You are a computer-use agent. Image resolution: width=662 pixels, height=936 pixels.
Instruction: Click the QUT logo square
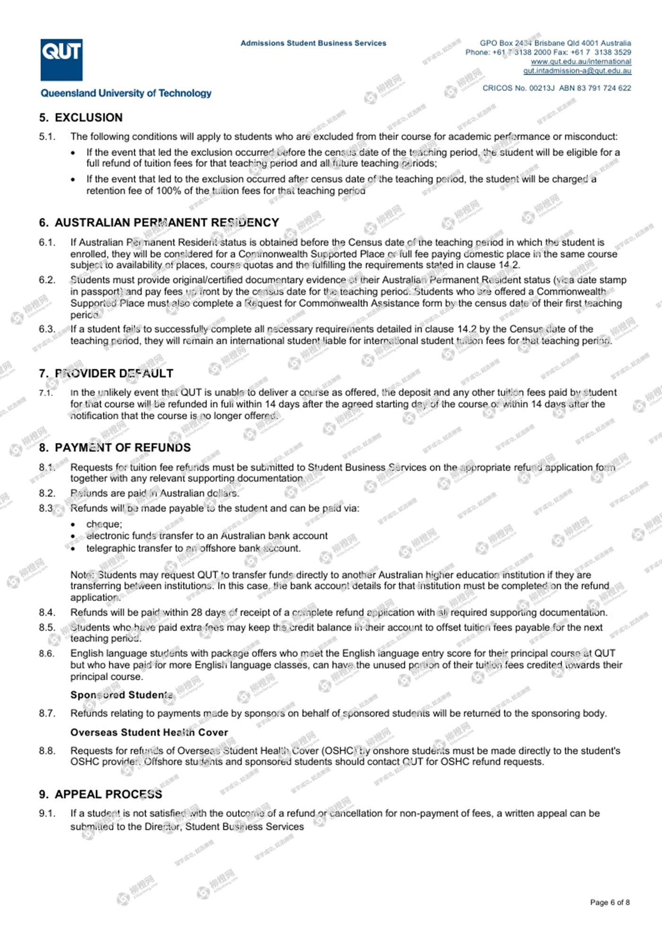pos(61,60)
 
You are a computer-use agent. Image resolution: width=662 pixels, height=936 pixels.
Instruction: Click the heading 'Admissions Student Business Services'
pos(313,43)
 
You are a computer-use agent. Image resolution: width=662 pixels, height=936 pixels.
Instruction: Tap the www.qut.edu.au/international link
pos(581,61)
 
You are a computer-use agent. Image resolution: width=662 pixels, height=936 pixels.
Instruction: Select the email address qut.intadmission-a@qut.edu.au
pos(577,71)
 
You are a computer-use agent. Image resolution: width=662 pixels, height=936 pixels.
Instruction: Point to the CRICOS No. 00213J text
pos(518,88)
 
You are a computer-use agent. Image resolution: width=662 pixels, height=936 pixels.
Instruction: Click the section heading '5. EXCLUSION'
pos(81,117)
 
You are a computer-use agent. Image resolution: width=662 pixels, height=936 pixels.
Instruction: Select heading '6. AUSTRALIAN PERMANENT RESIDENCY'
pos(159,222)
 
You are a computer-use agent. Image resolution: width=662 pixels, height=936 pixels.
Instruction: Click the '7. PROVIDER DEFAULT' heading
pos(106,373)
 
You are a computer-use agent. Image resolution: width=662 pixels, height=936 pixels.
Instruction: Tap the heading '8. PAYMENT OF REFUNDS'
pos(115,447)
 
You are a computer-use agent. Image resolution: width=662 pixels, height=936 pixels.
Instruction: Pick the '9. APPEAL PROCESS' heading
pos(100,794)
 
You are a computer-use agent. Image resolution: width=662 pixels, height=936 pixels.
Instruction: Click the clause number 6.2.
pos(47,280)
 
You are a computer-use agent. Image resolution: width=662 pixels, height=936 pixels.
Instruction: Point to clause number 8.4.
pos(47,612)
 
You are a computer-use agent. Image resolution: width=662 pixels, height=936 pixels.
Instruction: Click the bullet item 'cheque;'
pos(104,524)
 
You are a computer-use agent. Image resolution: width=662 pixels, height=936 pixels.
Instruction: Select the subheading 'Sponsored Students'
pos(122,694)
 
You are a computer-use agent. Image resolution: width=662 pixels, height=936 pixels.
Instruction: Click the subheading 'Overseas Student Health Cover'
pos(149,732)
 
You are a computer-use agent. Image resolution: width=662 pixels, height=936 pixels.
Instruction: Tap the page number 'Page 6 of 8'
pos(610,902)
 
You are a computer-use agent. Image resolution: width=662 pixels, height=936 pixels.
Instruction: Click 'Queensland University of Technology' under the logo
pos(126,93)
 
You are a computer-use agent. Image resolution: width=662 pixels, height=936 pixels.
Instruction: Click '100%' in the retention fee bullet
pos(171,191)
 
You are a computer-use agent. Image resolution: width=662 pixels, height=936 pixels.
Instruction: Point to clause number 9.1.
pos(47,813)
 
